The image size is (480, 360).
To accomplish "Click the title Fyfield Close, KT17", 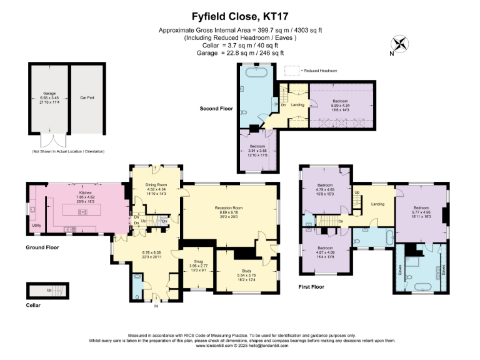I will [239, 17].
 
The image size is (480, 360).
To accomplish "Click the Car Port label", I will [86, 96].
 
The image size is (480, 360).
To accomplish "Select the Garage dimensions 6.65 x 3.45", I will [49, 97].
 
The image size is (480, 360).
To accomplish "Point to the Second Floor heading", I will [216, 108].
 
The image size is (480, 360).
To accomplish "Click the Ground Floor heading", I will [42, 247].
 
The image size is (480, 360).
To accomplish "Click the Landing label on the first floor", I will [377, 204].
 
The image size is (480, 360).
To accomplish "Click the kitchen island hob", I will [82, 212].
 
